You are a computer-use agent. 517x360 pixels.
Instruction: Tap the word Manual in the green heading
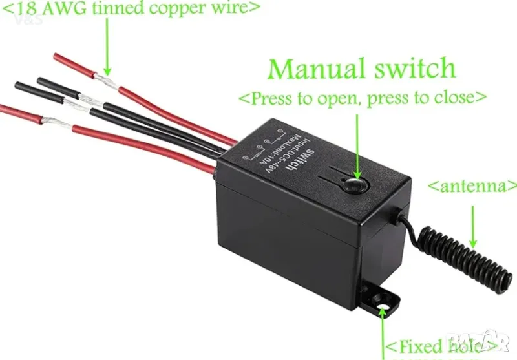pyautogui.click(x=316, y=69)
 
